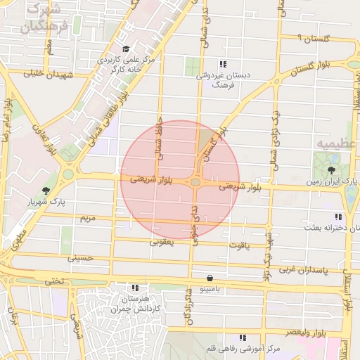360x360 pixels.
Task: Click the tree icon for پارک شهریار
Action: pos(46,191)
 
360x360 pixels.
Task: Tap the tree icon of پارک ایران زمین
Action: pos(331,170)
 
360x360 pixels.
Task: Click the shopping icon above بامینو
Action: pos(210,279)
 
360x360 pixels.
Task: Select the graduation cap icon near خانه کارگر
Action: pos(126,49)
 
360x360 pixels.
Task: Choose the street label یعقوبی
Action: pos(161,241)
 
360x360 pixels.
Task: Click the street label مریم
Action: pos(87,219)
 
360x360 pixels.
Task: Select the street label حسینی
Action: pos(79,258)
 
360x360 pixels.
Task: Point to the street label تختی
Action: pos(54,281)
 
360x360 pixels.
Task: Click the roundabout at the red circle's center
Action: pos(195,183)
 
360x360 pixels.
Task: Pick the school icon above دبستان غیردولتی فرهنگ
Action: pos(224,64)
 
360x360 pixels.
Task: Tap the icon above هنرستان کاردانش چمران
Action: pos(135,288)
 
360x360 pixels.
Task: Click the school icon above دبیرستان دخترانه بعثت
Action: pos(337,217)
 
